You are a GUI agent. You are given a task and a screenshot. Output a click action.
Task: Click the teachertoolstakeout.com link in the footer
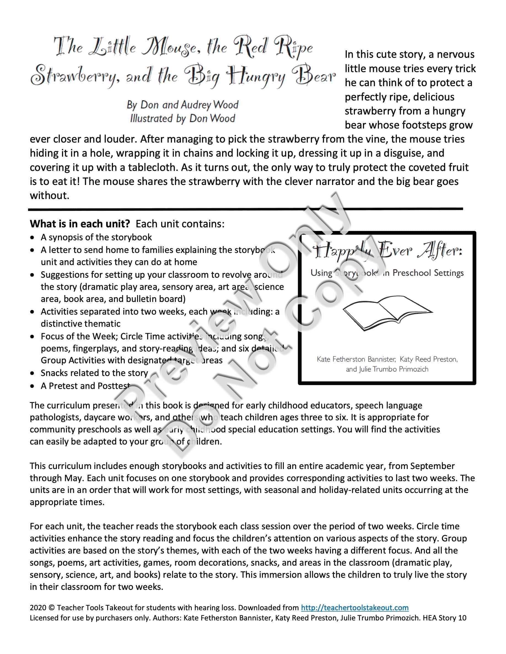[x=355, y=607]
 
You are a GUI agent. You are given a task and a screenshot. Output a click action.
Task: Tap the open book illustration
[x=387, y=312]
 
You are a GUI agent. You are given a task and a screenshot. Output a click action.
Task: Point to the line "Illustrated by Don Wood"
[x=182, y=119]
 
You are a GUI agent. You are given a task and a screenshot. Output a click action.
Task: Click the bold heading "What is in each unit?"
[x=80, y=224]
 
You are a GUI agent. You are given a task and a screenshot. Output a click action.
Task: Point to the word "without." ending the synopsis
[x=49, y=195]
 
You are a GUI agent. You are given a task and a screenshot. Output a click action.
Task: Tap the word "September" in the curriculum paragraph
[x=432, y=466]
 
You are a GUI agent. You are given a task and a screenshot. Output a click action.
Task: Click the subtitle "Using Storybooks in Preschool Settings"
[x=387, y=273]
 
